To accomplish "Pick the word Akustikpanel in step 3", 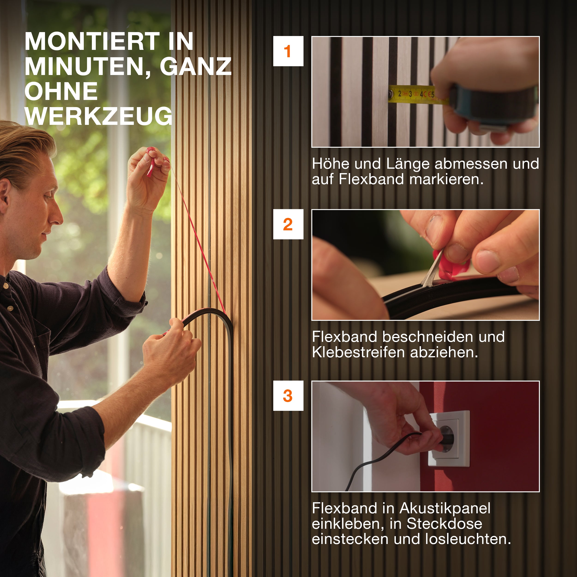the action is pos(445,508).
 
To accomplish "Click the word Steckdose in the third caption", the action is pos(444,523).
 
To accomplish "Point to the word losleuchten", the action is pos(468,539).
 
